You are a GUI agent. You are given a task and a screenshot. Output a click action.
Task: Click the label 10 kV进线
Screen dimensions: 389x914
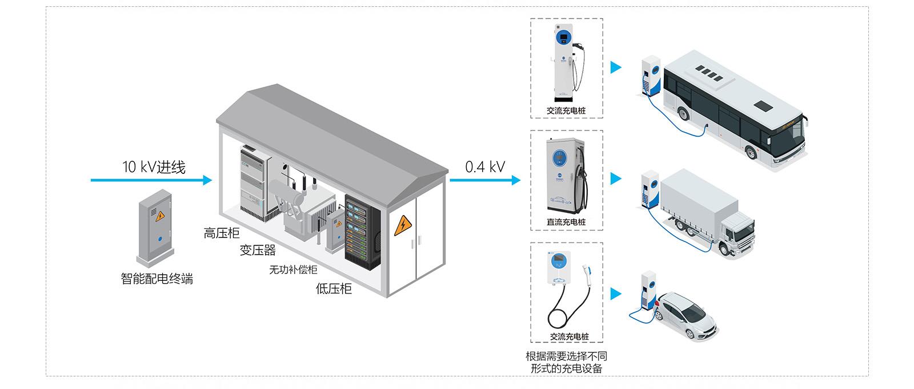(154, 167)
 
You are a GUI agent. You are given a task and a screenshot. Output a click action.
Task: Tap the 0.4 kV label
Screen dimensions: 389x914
(484, 167)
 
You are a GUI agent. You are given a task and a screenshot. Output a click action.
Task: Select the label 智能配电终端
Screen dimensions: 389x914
(157, 279)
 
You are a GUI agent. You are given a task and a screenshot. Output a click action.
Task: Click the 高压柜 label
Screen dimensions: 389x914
(222, 233)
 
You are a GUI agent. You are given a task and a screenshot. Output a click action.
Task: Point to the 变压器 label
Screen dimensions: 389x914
(258, 250)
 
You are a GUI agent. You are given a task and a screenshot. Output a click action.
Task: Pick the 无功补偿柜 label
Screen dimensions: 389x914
(293, 269)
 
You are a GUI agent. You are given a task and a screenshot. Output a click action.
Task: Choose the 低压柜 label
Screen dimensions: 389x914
(334, 289)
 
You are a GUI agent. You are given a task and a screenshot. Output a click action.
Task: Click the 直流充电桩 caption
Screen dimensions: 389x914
(566, 222)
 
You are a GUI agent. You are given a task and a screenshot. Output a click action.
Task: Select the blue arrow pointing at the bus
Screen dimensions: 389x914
(615, 68)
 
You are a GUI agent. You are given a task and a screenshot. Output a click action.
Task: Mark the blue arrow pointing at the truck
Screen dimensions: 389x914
(615, 179)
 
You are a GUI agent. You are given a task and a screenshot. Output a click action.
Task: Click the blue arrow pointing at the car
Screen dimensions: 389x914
(615, 294)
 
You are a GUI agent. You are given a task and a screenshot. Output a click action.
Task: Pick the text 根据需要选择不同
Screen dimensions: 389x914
(566, 356)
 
